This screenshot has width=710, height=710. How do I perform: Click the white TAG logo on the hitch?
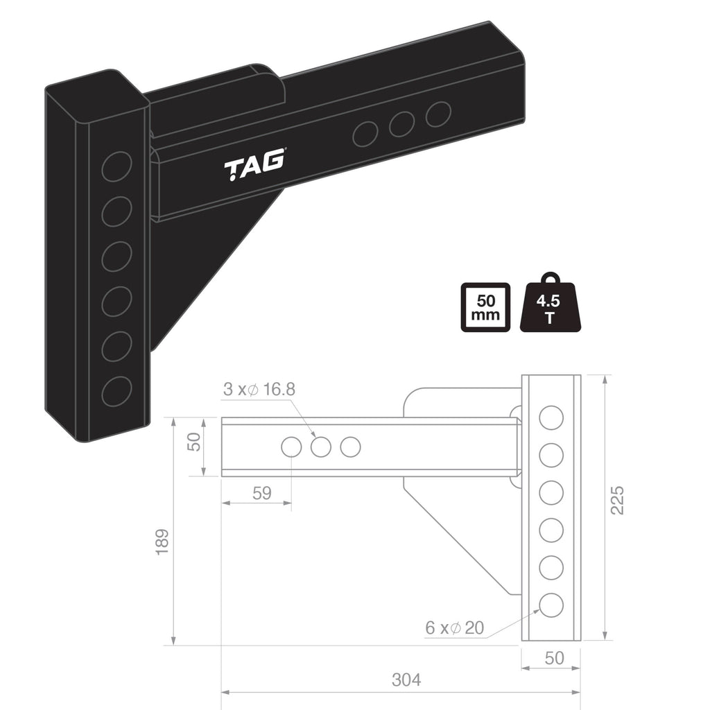click(x=254, y=165)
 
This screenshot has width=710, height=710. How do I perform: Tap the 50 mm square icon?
click(x=485, y=307)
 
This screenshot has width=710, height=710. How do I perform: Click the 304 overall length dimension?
click(x=406, y=679)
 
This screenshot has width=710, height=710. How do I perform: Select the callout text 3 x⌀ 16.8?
click(x=259, y=390)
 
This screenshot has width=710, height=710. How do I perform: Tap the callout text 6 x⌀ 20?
click(x=454, y=628)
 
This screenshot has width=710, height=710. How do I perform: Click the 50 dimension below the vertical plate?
click(x=554, y=657)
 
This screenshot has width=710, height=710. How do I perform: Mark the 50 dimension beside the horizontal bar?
click(x=194, y=441)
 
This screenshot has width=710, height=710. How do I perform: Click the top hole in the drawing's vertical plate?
click(x=551, y=418)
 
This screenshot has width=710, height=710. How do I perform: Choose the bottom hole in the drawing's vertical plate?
click(x=551, y=605)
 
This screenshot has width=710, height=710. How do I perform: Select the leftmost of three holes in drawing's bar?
click(x=291, y=447)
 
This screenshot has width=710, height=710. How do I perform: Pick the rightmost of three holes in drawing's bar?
click(x=351, y=447)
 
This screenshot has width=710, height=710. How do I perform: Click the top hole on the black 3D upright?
click(x=116, y=166)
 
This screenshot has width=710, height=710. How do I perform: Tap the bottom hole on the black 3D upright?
click(x=116, y=392)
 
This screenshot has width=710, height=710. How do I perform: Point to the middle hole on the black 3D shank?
click(x=401, y=124)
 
